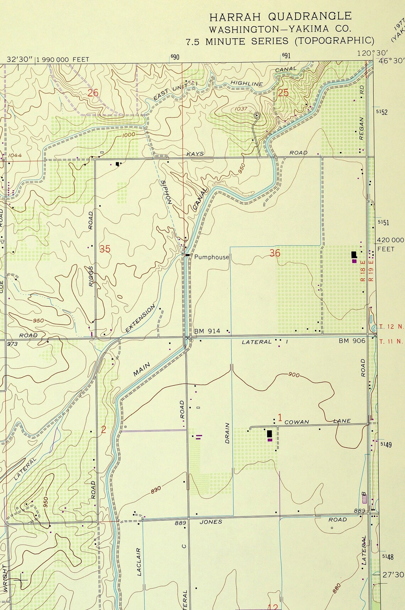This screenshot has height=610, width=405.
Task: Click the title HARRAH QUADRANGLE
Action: point(280,16)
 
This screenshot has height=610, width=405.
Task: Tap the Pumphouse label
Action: point(211,257)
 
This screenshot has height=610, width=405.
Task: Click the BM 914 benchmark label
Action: point(207,331)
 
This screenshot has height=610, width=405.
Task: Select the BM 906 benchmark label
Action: point(352,341)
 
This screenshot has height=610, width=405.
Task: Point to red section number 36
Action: point(275,253)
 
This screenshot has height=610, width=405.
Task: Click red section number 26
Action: point(93,93)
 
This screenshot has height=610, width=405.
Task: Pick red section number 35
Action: point(105,249)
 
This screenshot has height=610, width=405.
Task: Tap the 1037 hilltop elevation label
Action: point(241,109)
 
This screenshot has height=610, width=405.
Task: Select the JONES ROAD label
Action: point(211,522)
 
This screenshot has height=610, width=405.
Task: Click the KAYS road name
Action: point(195,154)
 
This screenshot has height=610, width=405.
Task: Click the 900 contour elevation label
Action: point(294,375)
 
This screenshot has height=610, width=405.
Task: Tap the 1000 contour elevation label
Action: point(128,135)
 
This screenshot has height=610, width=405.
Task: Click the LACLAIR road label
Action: point(139,562)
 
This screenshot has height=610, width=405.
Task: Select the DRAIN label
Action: point(227,433)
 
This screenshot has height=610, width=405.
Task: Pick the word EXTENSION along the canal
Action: point(140,319)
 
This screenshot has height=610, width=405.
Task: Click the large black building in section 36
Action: point(354,254)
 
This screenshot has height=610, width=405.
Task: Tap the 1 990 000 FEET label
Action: point(63,59)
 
